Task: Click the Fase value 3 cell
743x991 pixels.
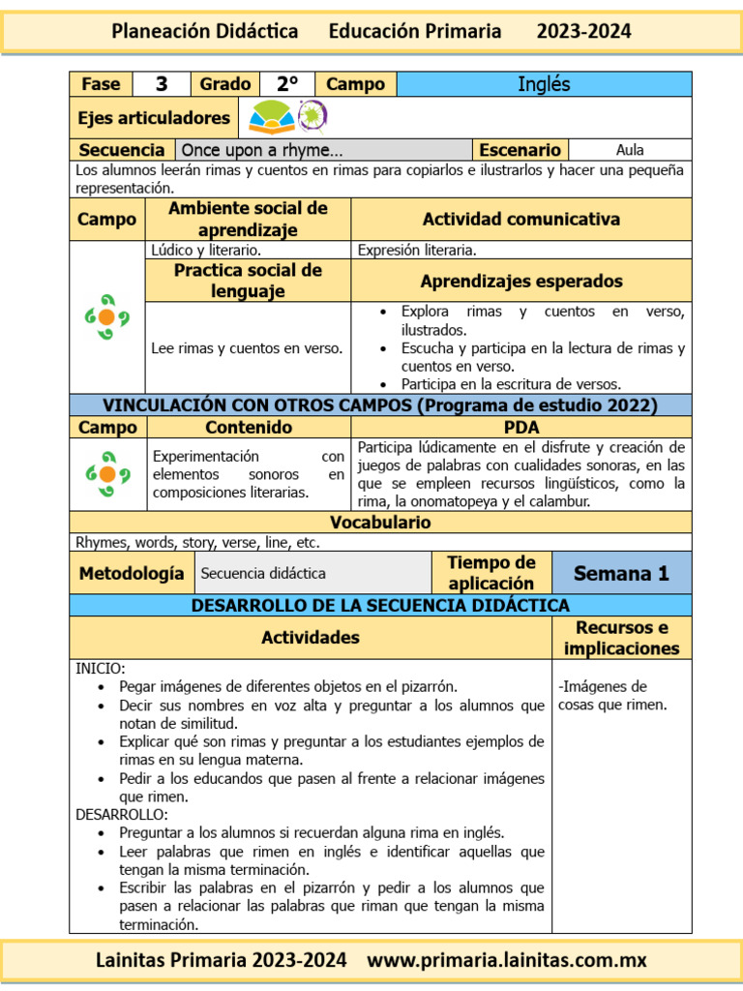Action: click(x=162, y=84)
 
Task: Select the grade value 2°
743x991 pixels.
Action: click(x=287, y=84)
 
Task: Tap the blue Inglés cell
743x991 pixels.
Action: click(x=544, y=84)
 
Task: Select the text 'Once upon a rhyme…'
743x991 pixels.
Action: click(x=262, y=150)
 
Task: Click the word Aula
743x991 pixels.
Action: click(x=630, y=150)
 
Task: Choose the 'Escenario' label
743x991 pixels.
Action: click(x=520, y=150)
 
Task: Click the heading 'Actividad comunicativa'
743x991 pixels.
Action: click(x=520, y=219)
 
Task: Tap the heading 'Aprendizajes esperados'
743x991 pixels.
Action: click(x=520, y=281)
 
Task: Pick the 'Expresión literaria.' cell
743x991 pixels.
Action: click(x=417, y=250)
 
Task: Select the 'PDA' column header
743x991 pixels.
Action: click(x=521, y=427)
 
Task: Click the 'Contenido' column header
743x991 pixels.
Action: click(x=249, y=427)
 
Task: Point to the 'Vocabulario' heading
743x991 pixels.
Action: click(x=380, y=523)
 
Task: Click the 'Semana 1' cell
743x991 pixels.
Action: click(x=621, y=573)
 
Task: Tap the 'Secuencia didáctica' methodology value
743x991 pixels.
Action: click(x=263, y=573)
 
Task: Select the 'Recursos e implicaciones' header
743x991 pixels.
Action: click(x=622, y=638)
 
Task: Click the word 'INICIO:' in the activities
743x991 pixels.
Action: click(x=100, y=668)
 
